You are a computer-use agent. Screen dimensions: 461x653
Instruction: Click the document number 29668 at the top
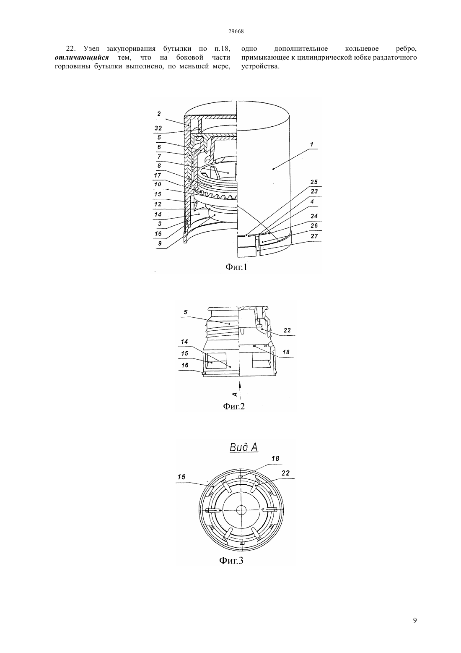pos(236,31)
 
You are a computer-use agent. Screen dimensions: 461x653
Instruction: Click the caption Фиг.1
pos(236,267)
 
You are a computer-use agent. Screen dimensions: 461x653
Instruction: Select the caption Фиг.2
pos(234,406)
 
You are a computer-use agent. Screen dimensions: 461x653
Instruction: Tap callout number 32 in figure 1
pos(158,128)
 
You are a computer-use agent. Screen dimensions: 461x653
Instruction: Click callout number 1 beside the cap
pos(311,144)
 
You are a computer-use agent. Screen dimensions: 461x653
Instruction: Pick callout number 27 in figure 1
pos(314,236)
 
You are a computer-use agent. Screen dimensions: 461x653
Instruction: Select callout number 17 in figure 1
pos(158,175)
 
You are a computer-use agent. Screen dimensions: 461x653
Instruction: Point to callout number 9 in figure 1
pos(160,243)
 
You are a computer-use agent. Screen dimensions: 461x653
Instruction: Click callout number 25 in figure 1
pos(314,182)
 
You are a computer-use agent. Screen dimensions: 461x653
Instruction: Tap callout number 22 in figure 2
pos(287,330)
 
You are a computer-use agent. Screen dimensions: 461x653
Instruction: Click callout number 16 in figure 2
pos(185,365)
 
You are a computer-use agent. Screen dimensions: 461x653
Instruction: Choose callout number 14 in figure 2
pos(184,341)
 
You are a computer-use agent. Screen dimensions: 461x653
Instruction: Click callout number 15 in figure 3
pos(181,477)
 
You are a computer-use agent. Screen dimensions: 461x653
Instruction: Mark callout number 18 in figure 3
pos(275,459)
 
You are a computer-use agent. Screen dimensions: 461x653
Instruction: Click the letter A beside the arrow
pos(235,394)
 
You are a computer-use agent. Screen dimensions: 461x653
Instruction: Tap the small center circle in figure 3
pos(241,510)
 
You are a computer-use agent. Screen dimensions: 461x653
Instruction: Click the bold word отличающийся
pos(82,57)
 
